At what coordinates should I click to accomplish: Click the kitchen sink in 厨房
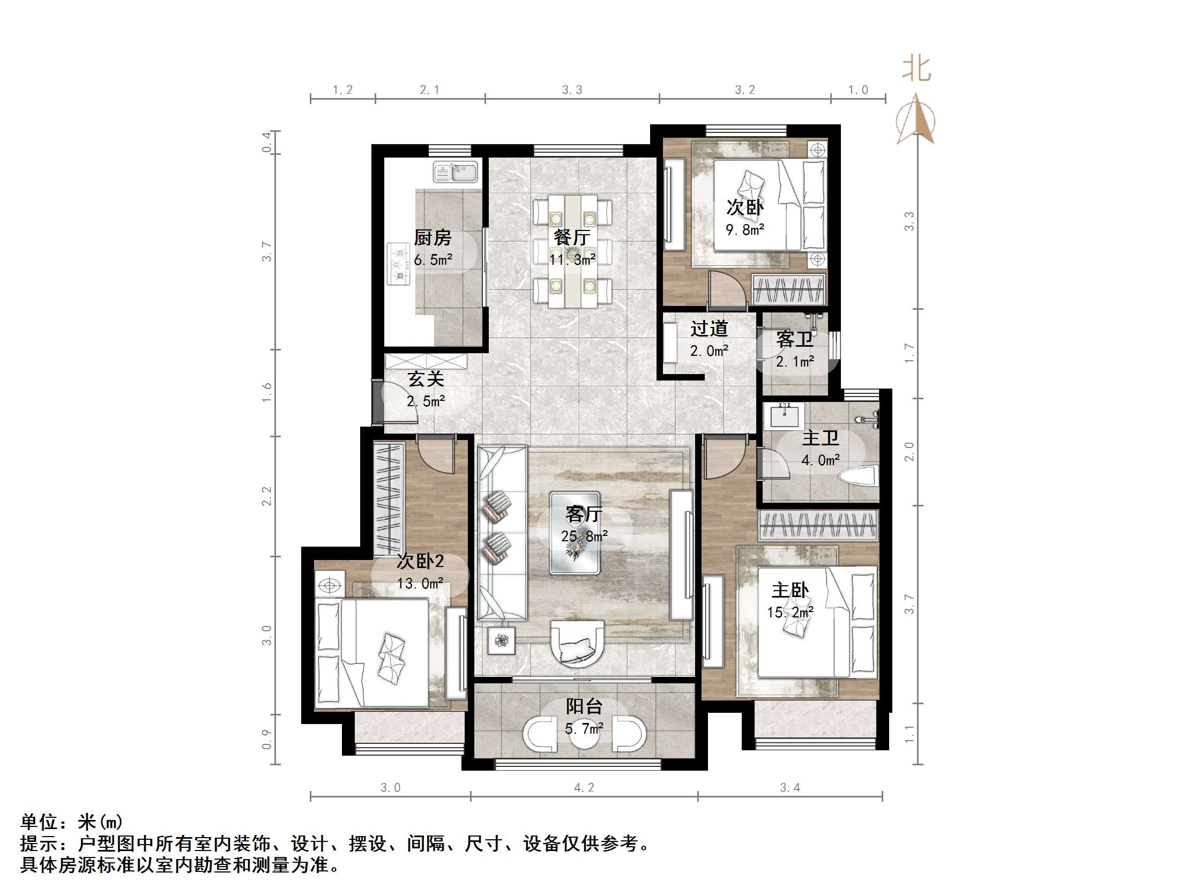[456, 173]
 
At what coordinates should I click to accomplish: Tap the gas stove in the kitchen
[399, 264]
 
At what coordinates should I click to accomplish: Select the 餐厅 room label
[572, 237]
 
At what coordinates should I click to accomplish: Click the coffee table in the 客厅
[575, 533]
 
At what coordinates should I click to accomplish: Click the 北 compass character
[916, 69]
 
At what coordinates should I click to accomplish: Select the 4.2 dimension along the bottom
[584, 788]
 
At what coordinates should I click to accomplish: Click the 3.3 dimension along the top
[572, 90]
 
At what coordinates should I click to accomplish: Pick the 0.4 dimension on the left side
[266, 142]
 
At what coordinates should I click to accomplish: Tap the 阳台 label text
[584, 706]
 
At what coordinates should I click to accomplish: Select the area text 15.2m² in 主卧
[790, 613]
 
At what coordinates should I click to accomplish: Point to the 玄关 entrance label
[426, 379]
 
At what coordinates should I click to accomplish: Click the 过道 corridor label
[709, 329]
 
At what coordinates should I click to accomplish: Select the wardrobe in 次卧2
[389, 498]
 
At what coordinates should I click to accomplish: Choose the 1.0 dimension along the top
[858, 90]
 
